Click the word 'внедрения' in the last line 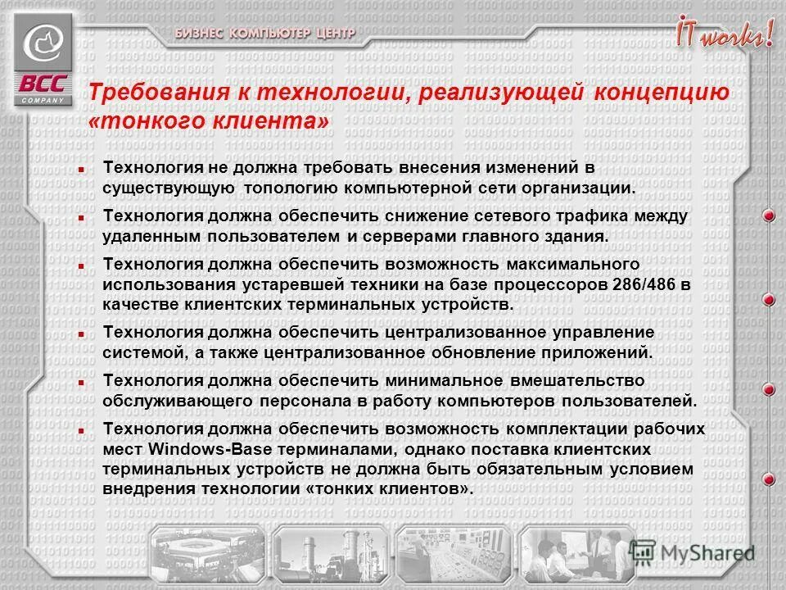[x=146, y=488]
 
